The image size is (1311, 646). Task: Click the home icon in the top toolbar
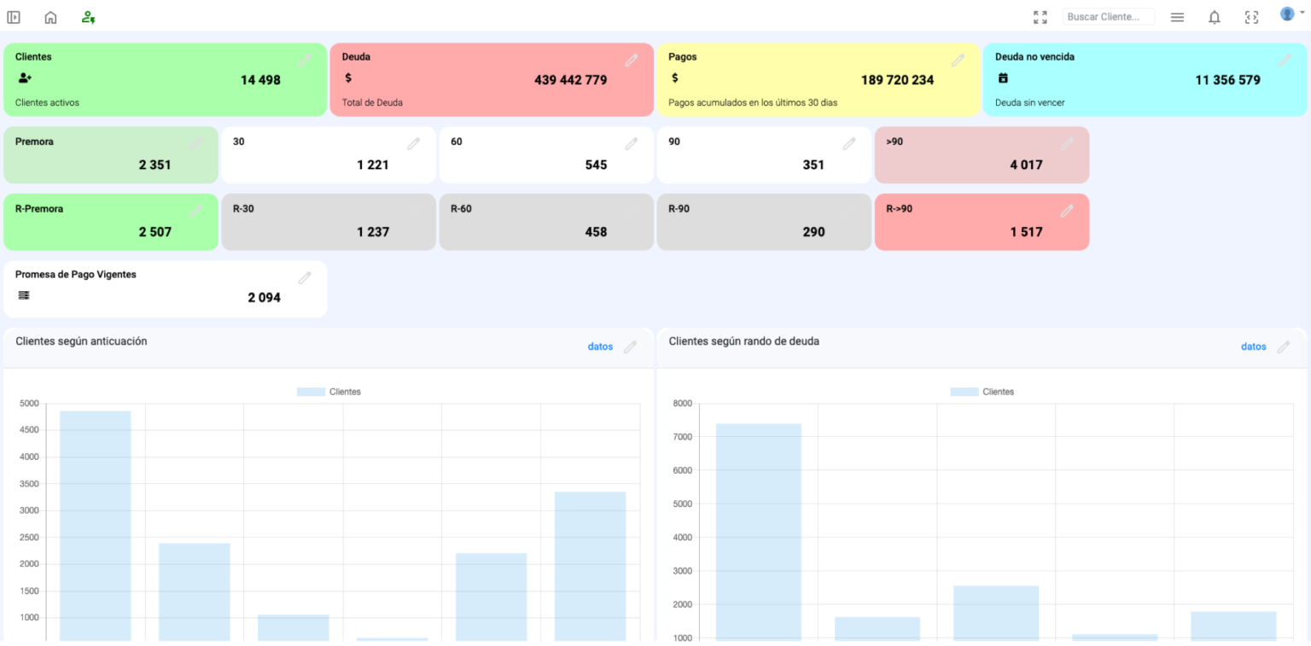click(51, 17)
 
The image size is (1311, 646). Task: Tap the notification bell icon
click(1215, 17)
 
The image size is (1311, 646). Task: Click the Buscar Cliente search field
click(1108, 17)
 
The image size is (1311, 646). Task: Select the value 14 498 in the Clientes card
click(260, 80)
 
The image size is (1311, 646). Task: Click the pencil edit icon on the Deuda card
click(631, 61)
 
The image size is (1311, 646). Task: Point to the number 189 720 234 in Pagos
click(897, 80)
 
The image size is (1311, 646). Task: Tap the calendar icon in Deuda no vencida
click(1003, 78)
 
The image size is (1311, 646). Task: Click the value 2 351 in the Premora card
click(155, 165)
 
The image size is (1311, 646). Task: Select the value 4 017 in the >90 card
click(1026, 165)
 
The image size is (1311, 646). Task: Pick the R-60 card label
click(461, 209)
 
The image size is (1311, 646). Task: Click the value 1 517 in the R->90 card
click(1026, 232)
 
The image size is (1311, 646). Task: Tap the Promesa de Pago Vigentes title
click(75, 275)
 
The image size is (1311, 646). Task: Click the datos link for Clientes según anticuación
click(600, 346)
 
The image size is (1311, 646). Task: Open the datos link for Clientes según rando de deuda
click(1254, 346)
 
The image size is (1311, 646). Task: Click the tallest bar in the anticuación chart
click(96, 526)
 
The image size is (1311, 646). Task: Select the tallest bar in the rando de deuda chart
click(759, 532)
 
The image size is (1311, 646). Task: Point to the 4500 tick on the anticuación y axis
click(29, 429)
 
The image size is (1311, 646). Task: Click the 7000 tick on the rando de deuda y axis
click(683, 437)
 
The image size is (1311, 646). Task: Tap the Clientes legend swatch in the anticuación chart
click(311, 392)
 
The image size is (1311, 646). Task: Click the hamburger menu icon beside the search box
click(1177, 17)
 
